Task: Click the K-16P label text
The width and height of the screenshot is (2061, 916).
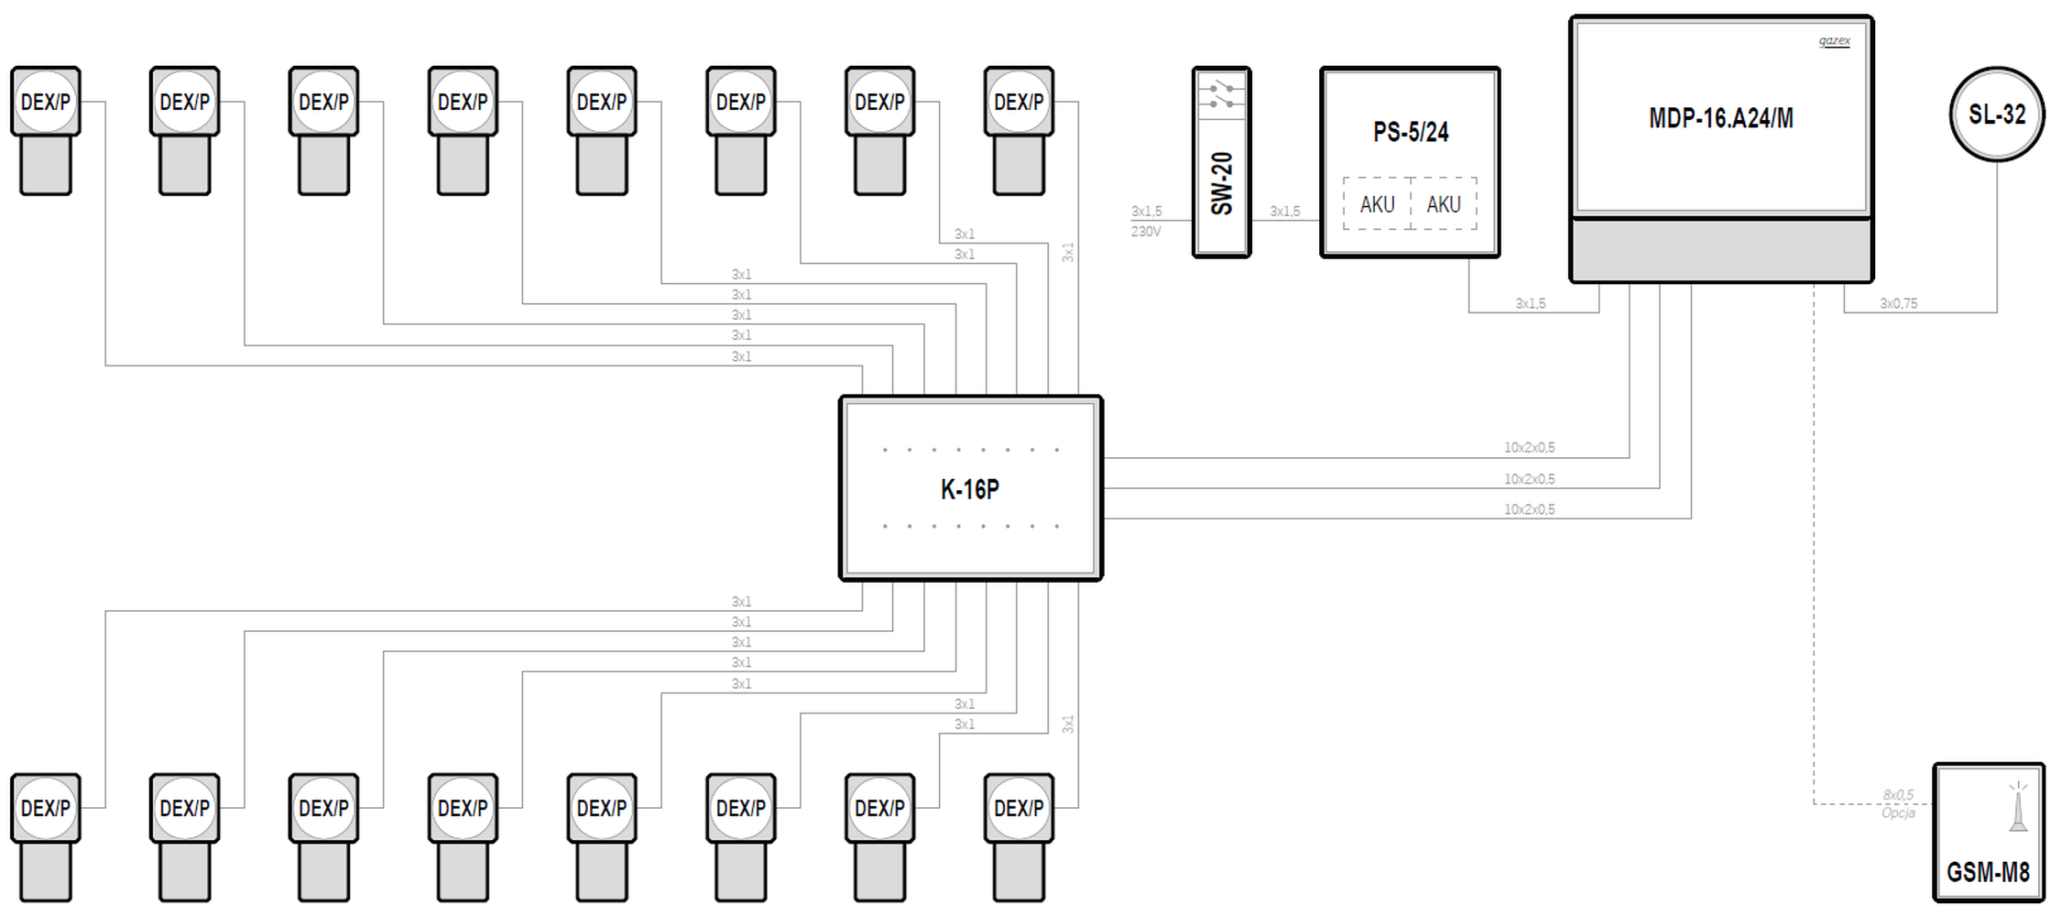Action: coord(969,489)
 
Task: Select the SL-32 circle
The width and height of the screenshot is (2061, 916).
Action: coord(1997,114)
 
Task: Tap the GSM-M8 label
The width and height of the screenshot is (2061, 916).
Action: coord(1988,872)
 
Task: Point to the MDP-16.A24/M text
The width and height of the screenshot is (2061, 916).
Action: coord(1721,118)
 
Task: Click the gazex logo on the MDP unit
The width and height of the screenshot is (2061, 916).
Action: coord(1834,41)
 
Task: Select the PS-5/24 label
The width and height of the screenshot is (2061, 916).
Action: coord(1411,132)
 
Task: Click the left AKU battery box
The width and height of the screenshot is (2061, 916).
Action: coord(1378,203)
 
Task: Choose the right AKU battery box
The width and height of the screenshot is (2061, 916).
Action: coord(1444,203)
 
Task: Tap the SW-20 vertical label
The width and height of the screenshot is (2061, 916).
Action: coord(1222,184)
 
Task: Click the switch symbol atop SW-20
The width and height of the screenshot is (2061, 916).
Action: coord(1222,94)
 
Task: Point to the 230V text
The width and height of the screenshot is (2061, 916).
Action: coord(1146,232)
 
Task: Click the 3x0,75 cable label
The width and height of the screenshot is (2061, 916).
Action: coord(1898,303)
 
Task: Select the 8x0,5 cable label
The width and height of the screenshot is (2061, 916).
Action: coord(1898,794)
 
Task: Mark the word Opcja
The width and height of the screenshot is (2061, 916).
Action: coord(1898,812)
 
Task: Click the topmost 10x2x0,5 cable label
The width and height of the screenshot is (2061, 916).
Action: coord(1529,448)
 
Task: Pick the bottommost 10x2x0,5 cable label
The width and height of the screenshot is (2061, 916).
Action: coord(1529,509)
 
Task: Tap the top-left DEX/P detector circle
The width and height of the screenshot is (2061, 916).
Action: coord(46,102)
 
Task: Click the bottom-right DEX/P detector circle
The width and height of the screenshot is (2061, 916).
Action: coord(1019,808)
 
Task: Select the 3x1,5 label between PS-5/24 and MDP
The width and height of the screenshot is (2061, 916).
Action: coord(1530,303)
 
